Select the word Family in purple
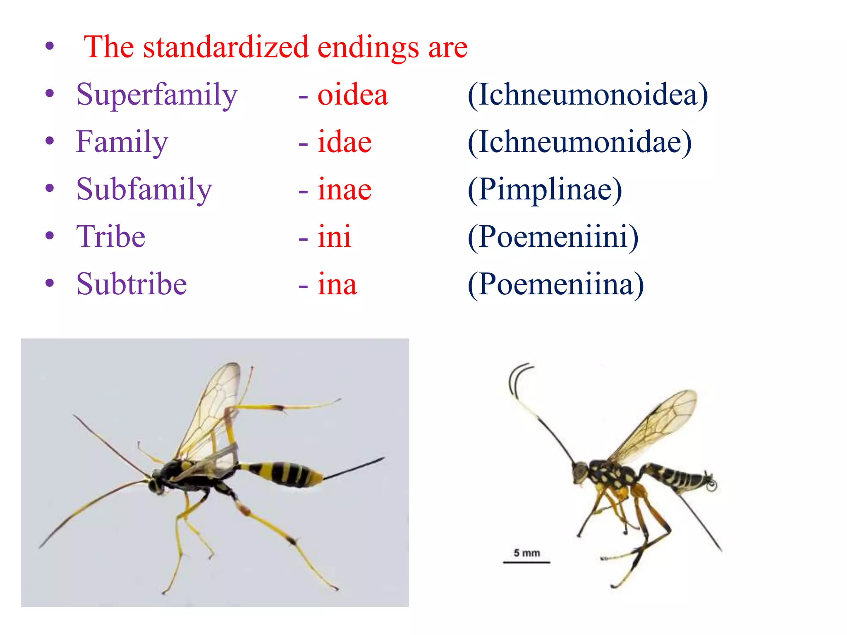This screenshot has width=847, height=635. pos(122,142)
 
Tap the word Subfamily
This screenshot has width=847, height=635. pos(144,189)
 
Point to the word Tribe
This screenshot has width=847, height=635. pos(111,236)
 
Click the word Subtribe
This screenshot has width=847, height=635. pos(132,284)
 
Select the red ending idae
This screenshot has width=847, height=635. pos(344,142)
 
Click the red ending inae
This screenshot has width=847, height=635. pos(344,189)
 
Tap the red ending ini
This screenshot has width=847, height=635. pos(334,236)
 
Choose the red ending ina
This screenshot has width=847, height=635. pos(337,284)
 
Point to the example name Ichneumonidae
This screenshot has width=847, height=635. pos(579,142)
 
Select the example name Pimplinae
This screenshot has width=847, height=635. pos(545,189)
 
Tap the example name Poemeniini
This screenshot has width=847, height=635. pos(553,236)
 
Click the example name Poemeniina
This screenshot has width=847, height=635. pos(556,284)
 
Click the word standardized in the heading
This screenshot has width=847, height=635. pos(226,47)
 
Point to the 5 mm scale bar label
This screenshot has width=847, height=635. pos(526,553)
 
